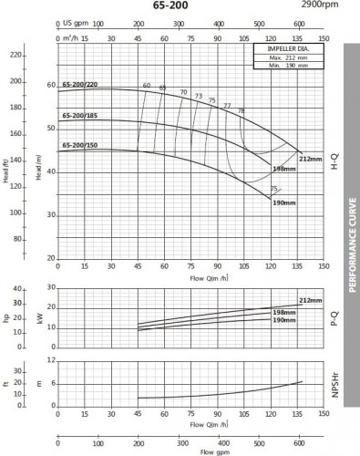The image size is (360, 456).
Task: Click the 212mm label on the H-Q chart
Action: pos(310,158)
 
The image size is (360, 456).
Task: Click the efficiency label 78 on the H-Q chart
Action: pos(241,110)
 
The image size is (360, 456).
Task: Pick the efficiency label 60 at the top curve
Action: pos(146,85)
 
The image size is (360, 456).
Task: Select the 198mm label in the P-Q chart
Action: pos(284,312)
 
